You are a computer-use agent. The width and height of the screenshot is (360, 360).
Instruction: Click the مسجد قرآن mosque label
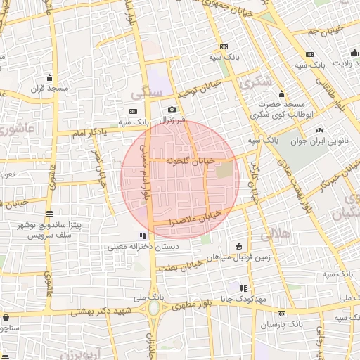tap(49, 89)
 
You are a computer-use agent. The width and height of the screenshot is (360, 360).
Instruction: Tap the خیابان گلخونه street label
tap(186, 160)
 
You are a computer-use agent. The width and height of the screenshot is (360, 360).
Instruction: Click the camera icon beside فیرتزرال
tap(172, 110)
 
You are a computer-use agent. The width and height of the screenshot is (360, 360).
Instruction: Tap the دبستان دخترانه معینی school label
tap(143, 247)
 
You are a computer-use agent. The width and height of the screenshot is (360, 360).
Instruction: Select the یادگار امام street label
tap(89, 131)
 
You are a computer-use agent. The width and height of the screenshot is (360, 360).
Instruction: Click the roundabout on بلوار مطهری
tap(154, 307)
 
